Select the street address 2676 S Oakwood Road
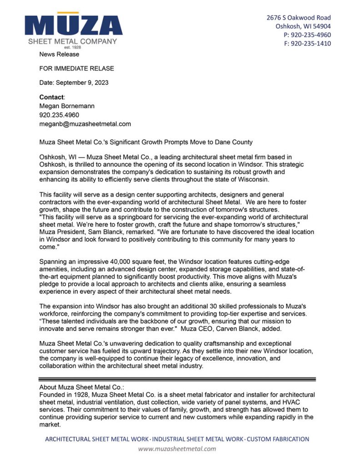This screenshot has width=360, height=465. tap(299, 18)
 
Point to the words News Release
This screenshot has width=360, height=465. tap(59, 54)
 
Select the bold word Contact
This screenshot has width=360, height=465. tap(52, 97)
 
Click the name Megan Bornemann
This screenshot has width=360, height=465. tap(67, 106)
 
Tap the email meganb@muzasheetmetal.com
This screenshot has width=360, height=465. tap(85, 124)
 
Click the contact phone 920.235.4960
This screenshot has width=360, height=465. tap(59, 115)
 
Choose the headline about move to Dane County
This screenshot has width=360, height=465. tap(146, 142)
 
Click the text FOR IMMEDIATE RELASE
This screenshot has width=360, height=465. tap(76, 69)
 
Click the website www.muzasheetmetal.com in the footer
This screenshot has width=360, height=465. tap(177, 449)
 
